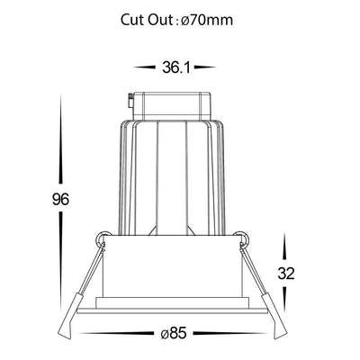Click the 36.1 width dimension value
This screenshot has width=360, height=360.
(176, 67)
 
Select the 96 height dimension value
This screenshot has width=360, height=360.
(60, 200)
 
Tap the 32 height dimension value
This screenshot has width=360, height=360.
(286, 274)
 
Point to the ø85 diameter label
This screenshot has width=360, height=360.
(174, 333)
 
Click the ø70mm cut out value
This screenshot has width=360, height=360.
(207, 20)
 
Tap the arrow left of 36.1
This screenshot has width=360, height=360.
(146, 67)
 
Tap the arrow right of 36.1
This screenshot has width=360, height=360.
(205, 67)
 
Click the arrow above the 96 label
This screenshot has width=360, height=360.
(61, 139)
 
